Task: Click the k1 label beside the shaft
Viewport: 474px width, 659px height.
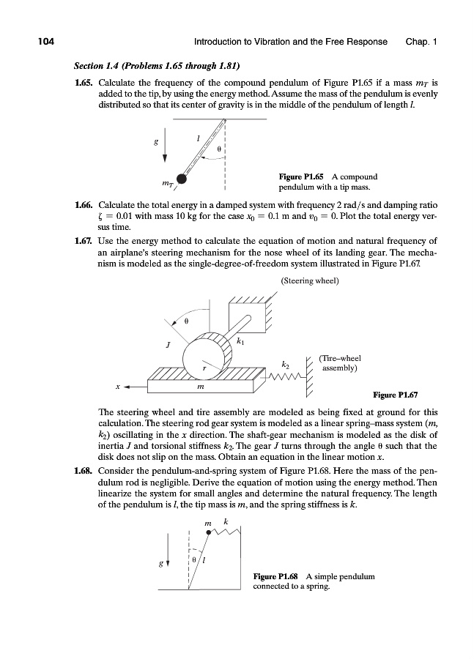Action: (240, 341)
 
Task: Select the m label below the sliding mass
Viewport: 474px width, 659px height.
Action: (201, 385)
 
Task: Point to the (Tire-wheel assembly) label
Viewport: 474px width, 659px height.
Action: (338, 363)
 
